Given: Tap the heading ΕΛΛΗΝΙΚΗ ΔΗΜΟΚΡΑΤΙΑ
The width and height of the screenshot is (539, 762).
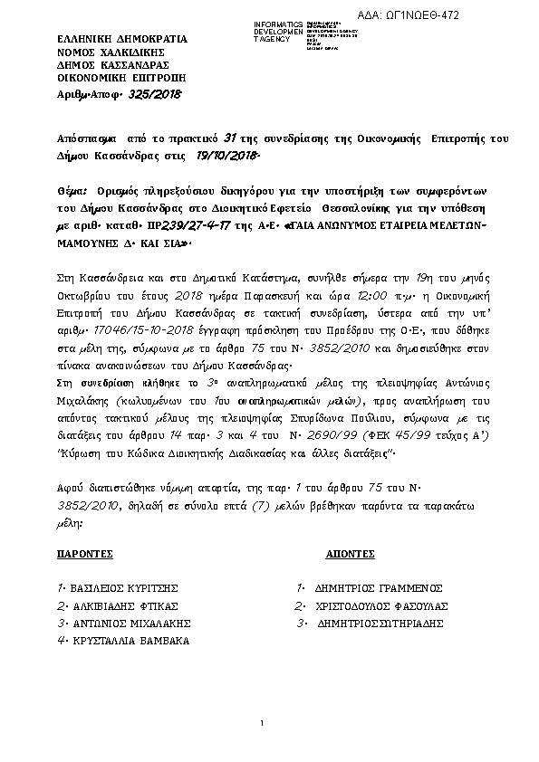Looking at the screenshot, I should click(110, 40).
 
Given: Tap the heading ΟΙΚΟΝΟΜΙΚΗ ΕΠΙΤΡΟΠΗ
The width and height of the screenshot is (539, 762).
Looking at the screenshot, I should click(109, 79).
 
